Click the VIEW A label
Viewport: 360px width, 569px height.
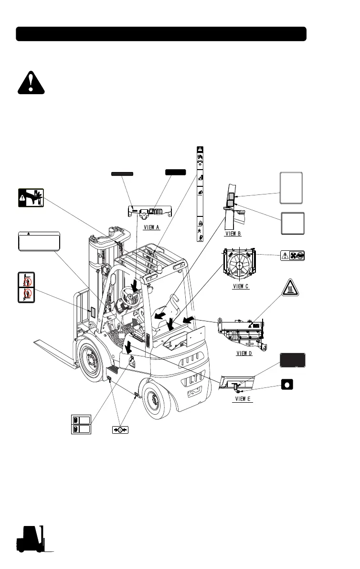click(x=151, y=227)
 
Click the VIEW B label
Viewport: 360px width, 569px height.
click(x=233, y=235)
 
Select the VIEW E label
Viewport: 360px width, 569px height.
click(x=242, y=398)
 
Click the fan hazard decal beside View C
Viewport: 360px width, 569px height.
click(x=292, y=256)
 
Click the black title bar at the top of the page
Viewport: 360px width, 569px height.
click(x=161, y=34)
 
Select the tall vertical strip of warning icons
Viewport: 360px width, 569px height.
click(x=200, y=193)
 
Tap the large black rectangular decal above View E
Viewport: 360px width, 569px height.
click(x=292, y=361)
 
